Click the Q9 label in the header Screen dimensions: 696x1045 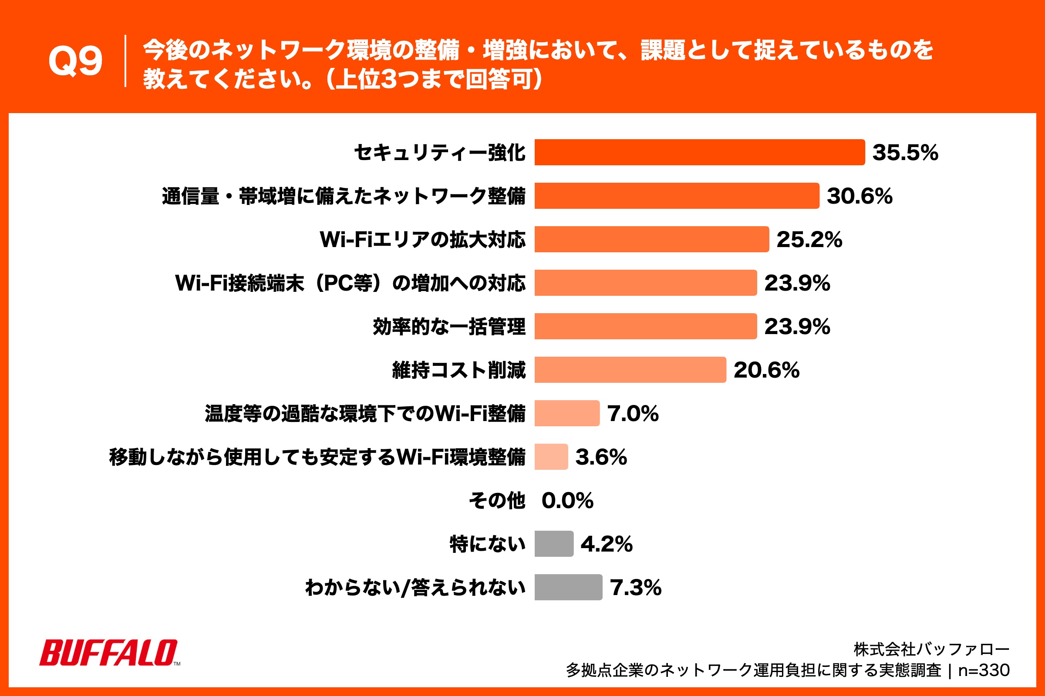75,61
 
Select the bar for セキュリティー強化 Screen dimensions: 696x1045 699,152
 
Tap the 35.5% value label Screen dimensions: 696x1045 905,152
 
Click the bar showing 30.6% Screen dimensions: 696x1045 676,196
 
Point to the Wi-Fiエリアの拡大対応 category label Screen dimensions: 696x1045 422,239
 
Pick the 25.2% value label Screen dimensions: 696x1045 809,239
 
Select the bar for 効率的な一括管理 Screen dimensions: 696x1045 645,326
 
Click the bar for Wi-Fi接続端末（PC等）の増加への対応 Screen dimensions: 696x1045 645,283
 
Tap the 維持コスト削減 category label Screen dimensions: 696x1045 458,370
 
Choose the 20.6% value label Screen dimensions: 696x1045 766,370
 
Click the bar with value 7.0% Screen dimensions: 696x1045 566,413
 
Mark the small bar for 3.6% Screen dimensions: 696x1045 551,457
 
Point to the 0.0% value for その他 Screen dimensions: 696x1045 567,500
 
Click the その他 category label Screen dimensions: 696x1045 497,500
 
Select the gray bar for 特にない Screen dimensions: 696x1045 553,544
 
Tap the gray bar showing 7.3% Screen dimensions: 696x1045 568,587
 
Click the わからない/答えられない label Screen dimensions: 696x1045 415,587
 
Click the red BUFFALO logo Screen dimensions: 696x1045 109,652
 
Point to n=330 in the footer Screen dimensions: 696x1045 984,670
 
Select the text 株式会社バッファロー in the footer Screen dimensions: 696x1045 931,649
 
